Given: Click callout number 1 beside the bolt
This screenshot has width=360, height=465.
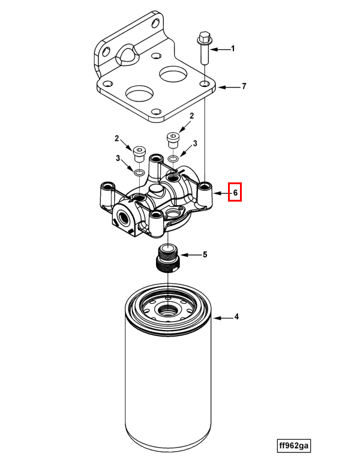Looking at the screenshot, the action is [x=233, y=49].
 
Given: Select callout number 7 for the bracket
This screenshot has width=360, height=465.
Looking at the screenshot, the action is [x=244, y=86].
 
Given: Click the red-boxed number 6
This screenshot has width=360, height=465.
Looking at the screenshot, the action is [x=235, y=192].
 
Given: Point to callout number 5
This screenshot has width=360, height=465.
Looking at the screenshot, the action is [x=205, y=255].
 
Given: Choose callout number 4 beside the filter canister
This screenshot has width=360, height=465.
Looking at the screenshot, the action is [x=236, y=317].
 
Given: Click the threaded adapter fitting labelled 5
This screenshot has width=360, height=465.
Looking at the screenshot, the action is [x=167, y=257].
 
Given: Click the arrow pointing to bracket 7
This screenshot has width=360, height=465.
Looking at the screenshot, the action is [x=229, y=87].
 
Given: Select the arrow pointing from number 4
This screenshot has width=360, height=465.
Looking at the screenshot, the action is [x=222, y=318].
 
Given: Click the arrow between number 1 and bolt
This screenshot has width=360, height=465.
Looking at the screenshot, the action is [x=220, y=49].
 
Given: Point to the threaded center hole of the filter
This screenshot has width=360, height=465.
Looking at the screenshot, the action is [x=168, y=310].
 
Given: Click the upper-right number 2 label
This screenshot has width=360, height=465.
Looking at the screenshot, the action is [x=191, y=116].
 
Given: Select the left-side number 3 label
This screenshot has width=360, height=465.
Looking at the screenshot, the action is [x=118, y=158].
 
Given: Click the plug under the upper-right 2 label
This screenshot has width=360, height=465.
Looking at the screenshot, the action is [x=174, y=140].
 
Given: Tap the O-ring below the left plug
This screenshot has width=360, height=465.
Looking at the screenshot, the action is [x=139, y=172].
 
